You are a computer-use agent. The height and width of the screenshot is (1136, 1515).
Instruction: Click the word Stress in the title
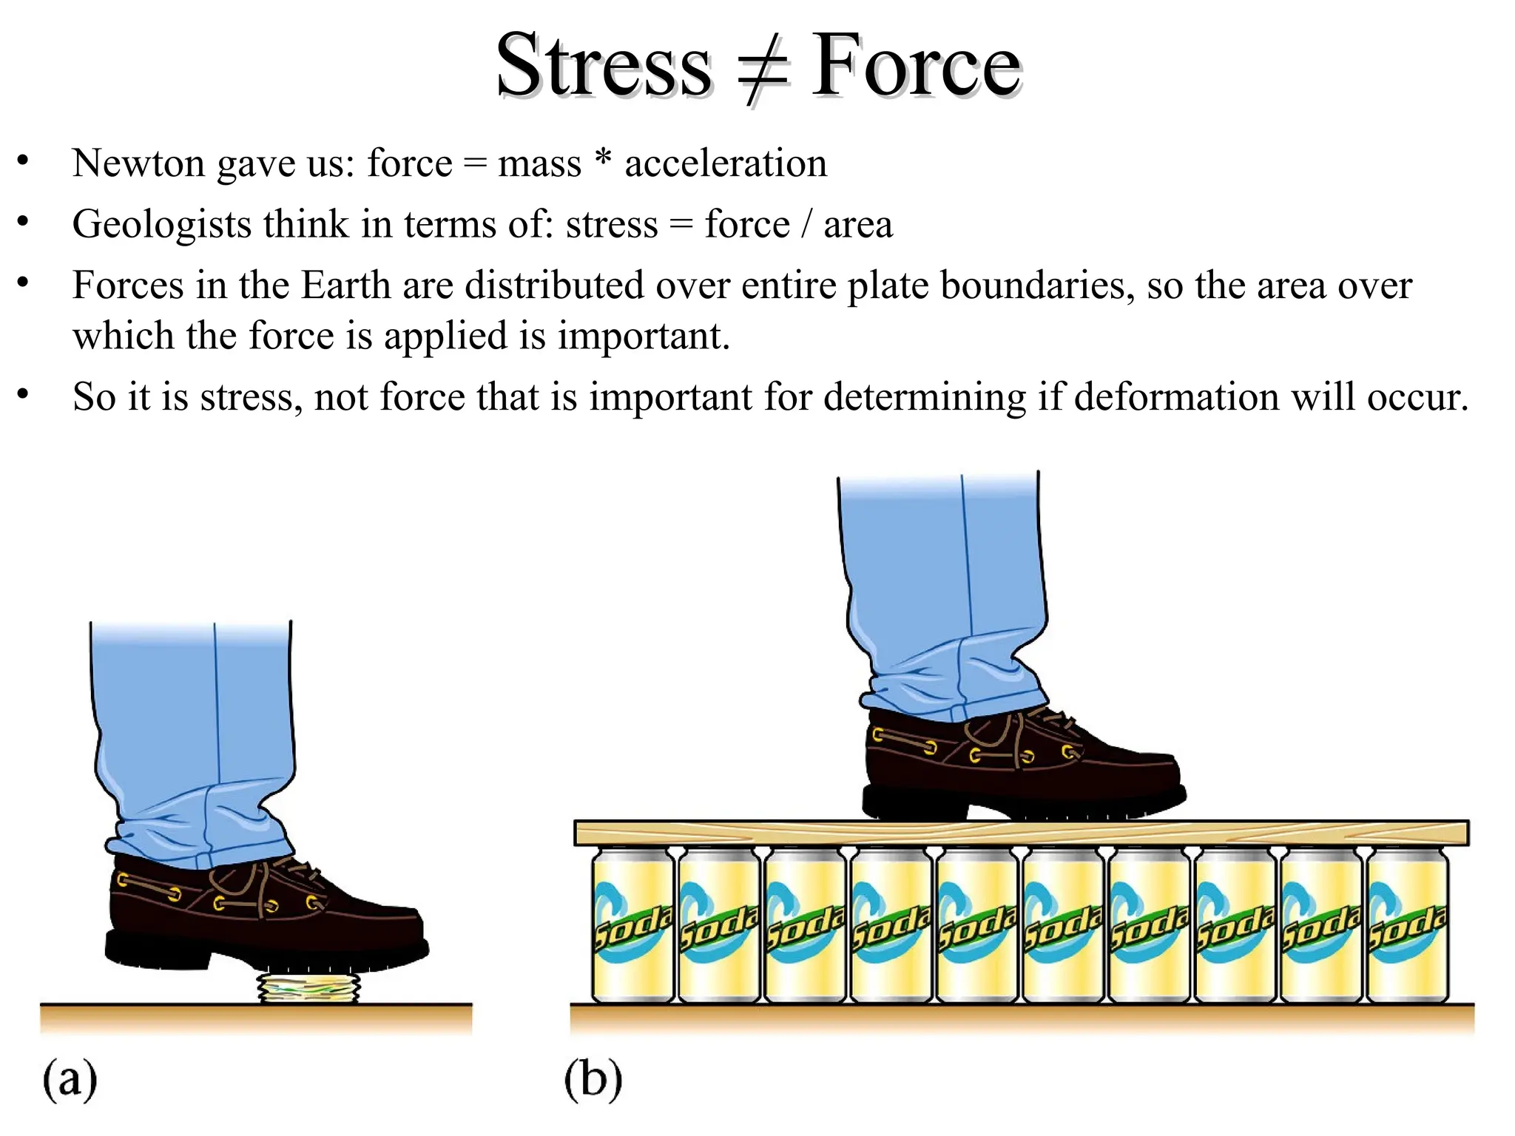click(603, 67)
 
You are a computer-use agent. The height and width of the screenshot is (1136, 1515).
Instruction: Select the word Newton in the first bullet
click(138, 163)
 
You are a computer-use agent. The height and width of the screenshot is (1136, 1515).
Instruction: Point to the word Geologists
click(161, 225)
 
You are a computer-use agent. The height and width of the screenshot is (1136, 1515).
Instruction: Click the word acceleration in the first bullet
click(725, 163)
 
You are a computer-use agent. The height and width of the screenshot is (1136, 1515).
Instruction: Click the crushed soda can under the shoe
click(309, 988)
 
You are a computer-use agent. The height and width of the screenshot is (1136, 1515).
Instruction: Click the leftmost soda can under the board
click(632, 924)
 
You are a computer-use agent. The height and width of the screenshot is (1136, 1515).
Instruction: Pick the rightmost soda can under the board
click(1407, 924)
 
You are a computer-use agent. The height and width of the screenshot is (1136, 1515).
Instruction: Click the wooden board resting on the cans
click(1021, 834)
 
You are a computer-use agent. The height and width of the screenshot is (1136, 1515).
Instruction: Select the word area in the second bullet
click(857, 225)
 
